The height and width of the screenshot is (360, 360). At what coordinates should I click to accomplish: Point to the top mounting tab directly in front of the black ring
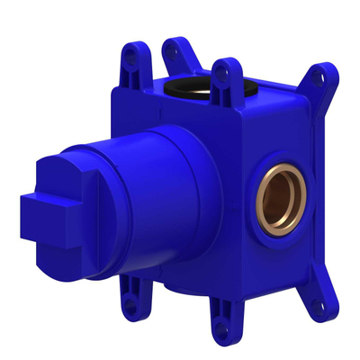(221, 76)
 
